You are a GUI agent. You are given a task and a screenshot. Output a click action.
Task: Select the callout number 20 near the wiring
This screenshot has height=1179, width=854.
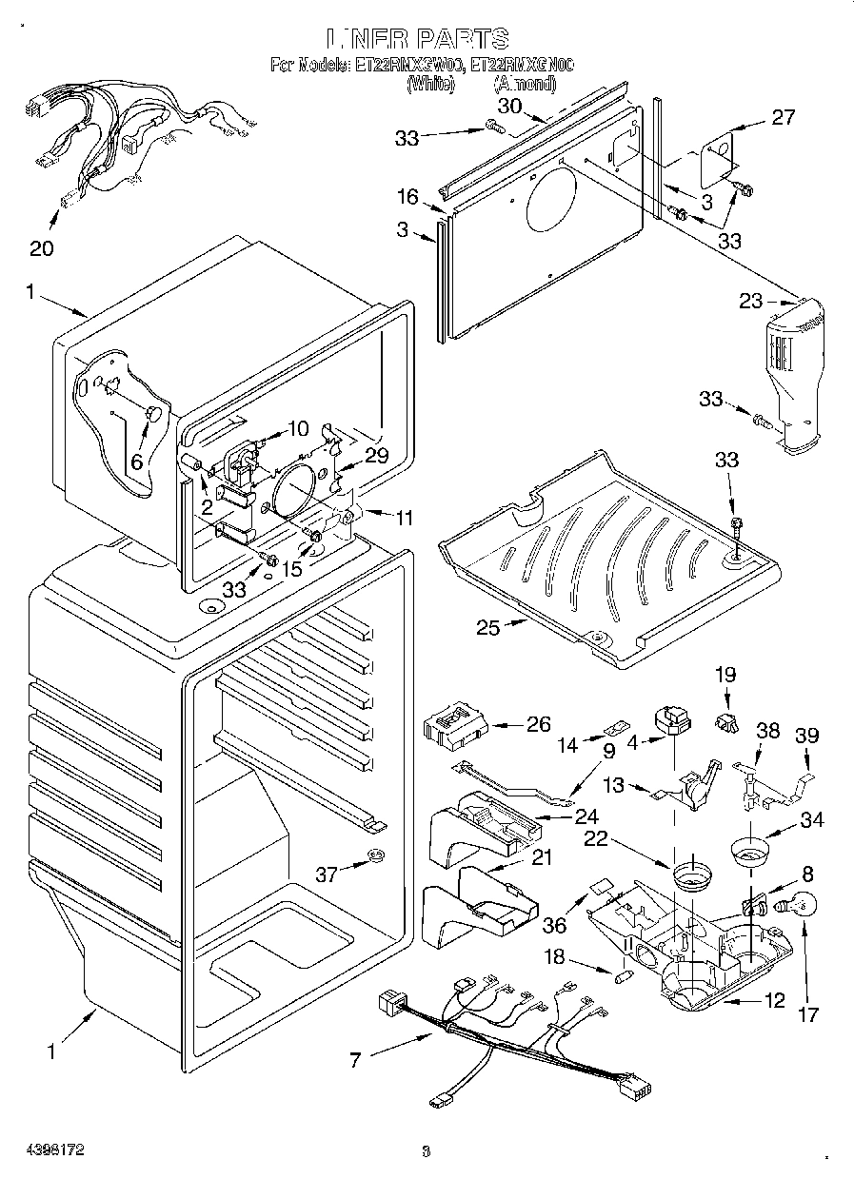[x=42, y=249]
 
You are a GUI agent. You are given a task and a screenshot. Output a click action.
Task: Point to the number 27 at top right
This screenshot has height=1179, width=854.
[x=783, y=117]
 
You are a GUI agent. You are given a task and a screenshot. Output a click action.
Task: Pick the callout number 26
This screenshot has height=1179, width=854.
[x=538, y=724]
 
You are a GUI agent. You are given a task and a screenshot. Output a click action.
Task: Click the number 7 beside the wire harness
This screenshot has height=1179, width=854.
[x=356, y=1060]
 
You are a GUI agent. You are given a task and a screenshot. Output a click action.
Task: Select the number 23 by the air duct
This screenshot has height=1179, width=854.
[x=751, y=302]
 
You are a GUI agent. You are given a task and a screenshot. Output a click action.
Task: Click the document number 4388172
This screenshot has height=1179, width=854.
[x=45, y=1150]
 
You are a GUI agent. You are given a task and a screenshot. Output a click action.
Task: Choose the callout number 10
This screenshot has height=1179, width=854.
[x=298, y=428]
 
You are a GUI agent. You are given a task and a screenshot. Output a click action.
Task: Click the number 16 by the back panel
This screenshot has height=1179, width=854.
[x=407, y=197]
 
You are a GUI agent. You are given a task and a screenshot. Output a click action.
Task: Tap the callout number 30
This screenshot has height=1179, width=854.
[x=510, y=107]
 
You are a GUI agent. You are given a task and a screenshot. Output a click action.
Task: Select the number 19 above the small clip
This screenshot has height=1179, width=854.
[x=725, y=675]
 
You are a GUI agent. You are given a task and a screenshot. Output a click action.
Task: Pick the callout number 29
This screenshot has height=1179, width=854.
[x=378, y=456]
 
